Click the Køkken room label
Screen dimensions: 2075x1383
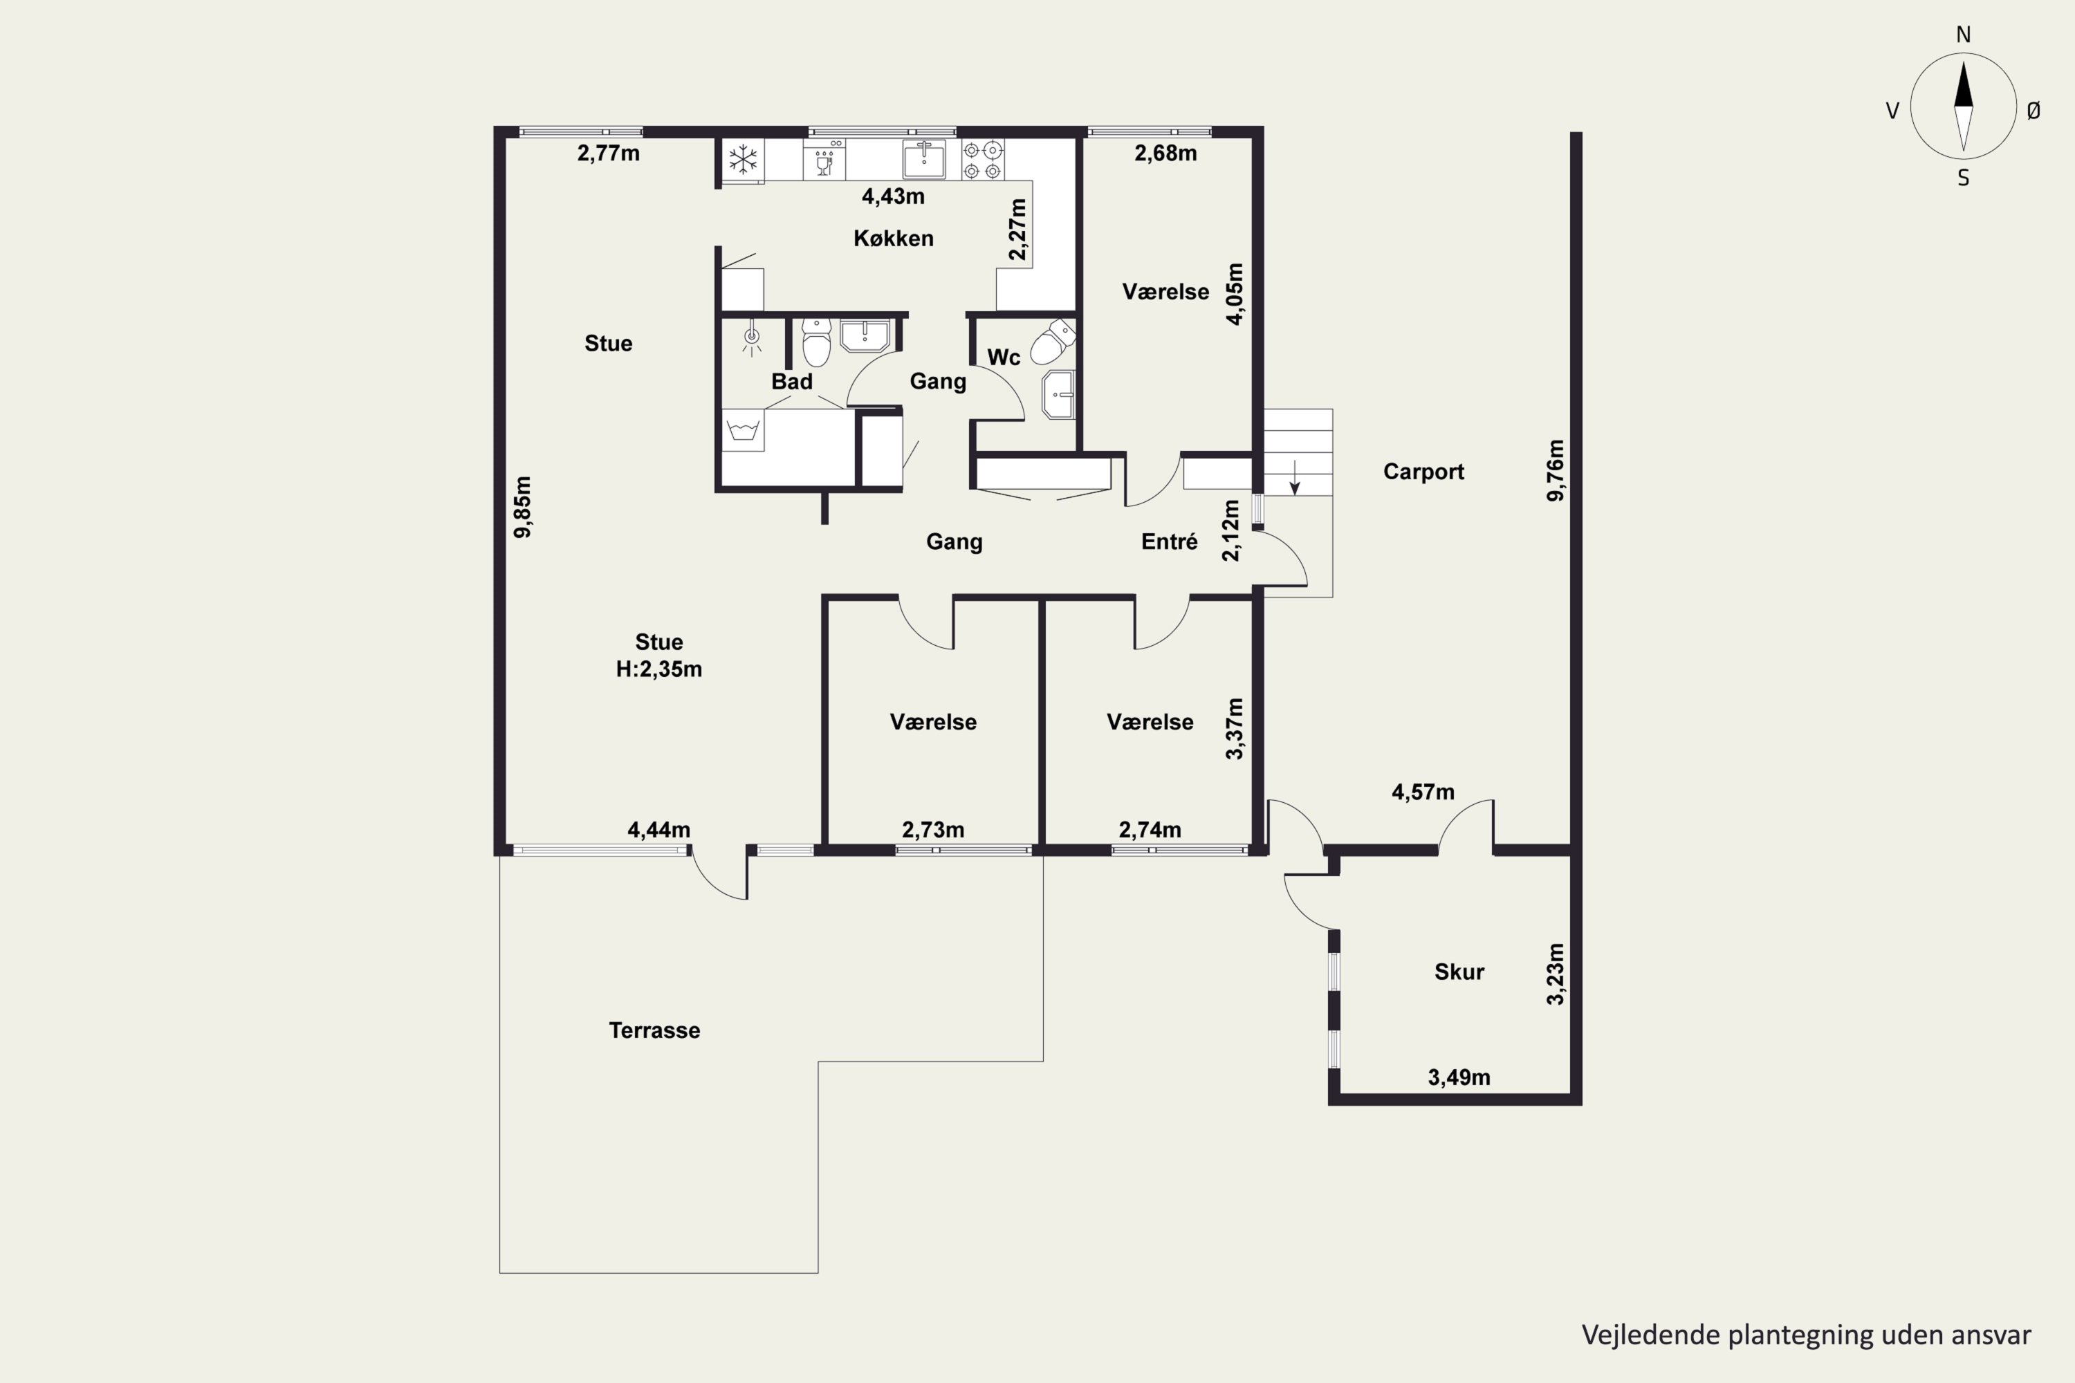click(x=893, y=238)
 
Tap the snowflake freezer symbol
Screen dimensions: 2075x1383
click(x=743, y=160)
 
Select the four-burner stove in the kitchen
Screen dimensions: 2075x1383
click(x=983, y=160)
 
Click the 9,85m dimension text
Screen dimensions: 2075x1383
click(x=523, y=506)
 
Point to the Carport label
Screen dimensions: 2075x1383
click(x=1423, y=472)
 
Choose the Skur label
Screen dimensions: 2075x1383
click(x=1459, y=972)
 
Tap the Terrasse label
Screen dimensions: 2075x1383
click(x=654, y=1030)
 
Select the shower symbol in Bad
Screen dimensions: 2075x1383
click(x=752, y=339)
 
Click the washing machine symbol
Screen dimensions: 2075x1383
click(x=743, y=430)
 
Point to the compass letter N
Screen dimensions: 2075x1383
click(x=1963, y=35)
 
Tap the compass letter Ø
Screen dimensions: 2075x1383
click(x=2033, y=110)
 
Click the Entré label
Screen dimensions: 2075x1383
click(x=1169, y=541)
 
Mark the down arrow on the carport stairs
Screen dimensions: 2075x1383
click(x=1294, y=477)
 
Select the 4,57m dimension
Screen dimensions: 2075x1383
click(x=1423, y=792)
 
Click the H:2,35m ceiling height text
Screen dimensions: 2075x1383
click(x=659, y=669)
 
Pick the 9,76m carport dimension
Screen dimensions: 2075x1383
click(x=1556, y=470)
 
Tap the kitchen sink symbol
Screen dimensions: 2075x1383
click(x=923, y=160)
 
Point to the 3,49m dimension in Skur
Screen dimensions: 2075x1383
click(x=1459, y=1077)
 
